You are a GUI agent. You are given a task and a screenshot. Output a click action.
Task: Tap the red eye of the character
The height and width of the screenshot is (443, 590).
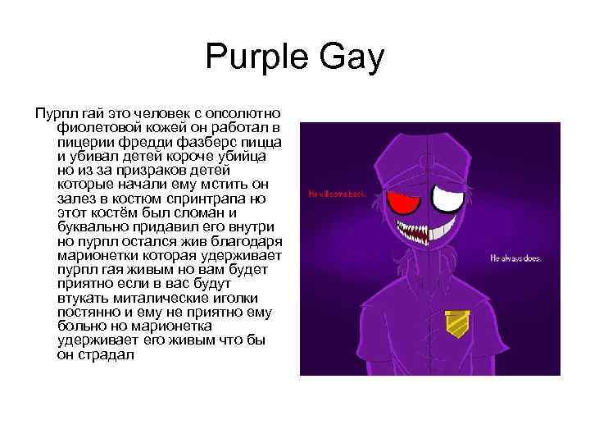pos(401,199)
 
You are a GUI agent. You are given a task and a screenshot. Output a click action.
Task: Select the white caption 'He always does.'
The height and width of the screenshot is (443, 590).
pos(515,258)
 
